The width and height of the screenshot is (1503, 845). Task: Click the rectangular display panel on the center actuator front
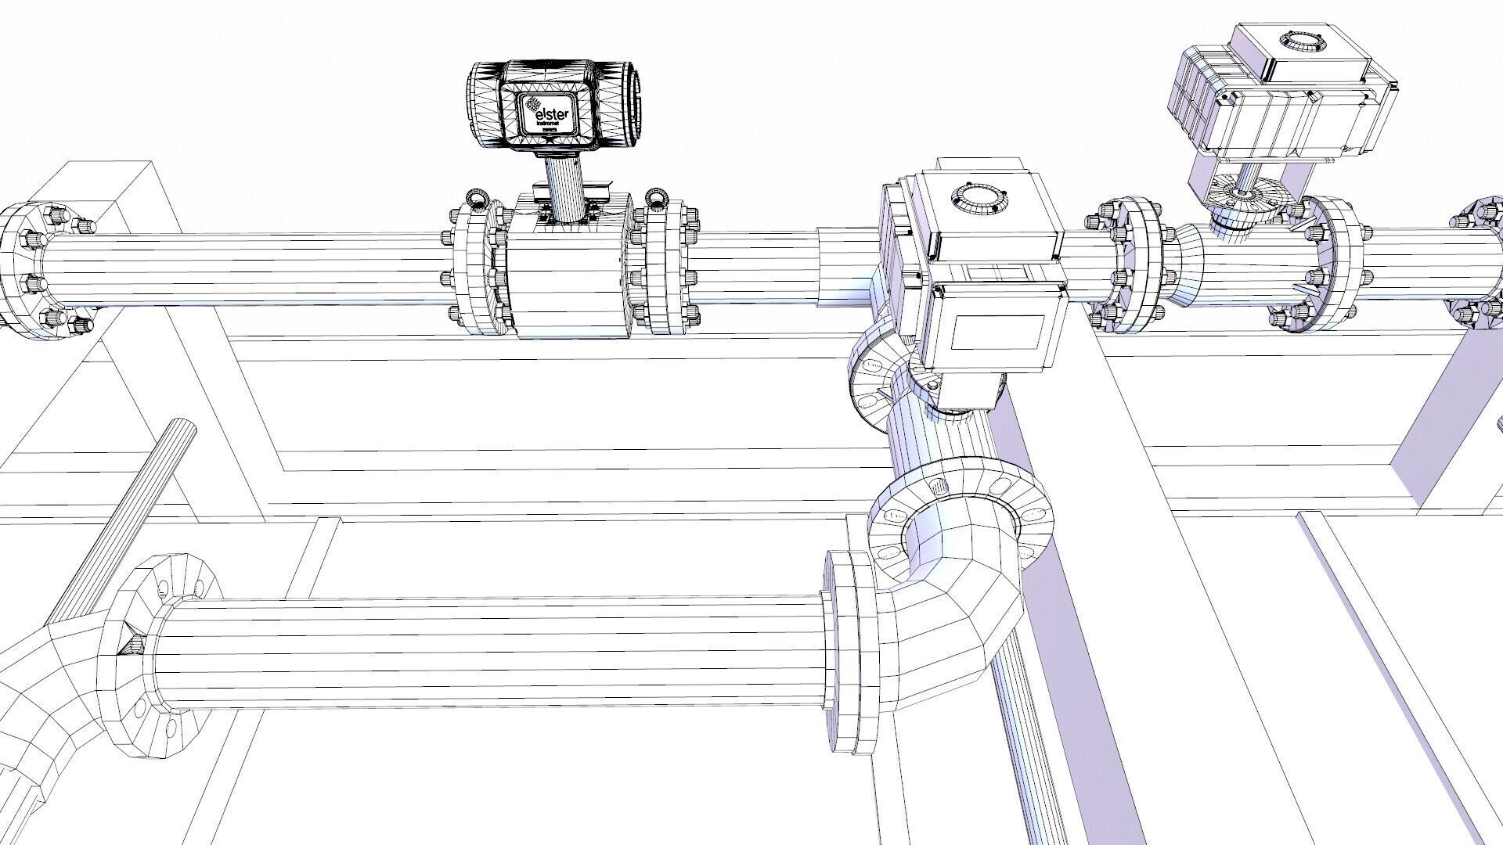pos(998,333)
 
